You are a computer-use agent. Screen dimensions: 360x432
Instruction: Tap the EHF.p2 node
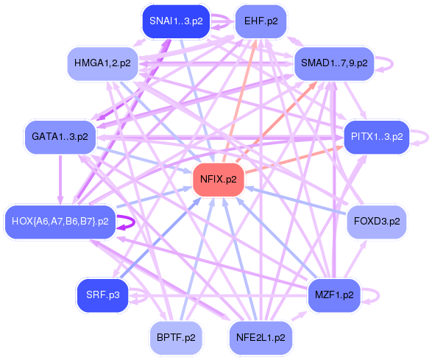coord(261,21)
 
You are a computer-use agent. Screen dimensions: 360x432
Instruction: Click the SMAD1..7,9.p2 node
coord(334,63)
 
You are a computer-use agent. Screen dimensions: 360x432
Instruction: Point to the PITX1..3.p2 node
coord(376,137)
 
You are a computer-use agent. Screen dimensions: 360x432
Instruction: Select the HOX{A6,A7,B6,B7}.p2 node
coord(60,221)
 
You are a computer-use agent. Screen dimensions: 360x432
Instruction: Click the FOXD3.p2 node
coord(376,221)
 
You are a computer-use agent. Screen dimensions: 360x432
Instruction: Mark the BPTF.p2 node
coord(175,338)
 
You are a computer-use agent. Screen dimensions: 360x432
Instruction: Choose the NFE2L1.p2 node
coord(260,338)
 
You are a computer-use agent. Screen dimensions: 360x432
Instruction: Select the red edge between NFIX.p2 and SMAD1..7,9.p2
coord(280,119)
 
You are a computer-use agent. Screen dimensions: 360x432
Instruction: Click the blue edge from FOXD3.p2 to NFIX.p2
coord(294,200)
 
